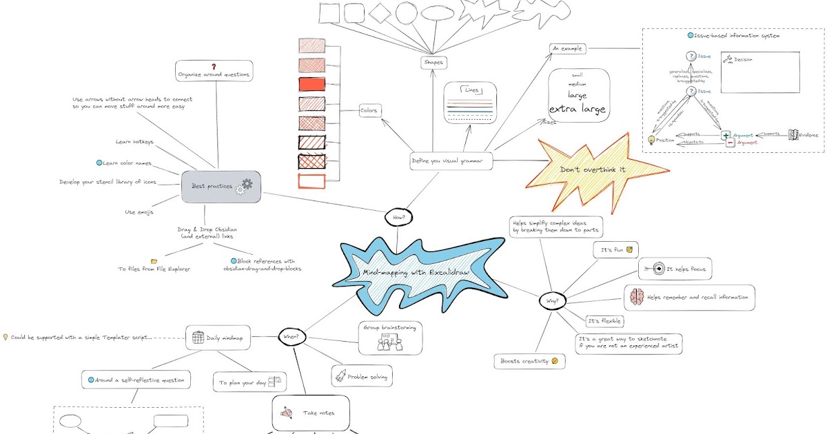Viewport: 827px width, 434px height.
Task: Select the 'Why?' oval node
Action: pyautogui.click(x=551, y=301)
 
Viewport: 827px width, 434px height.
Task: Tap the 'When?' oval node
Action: pyautogui.click(x=292, y=337)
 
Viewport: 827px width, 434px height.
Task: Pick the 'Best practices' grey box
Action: pyautogui.click(x=221, y=187)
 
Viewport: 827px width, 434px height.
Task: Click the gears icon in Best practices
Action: pyautogui.click(x=244, y=186)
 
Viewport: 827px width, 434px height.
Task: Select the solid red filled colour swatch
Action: pyautogui.click(x=312, y=85)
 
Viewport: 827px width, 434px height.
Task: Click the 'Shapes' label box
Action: pyautogui.click(x=433, y=63)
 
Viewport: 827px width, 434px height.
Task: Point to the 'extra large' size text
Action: pyautogui.click(x=578, y=110)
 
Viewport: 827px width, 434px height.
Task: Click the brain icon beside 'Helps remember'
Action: pyautogui.click(x=635, y=298)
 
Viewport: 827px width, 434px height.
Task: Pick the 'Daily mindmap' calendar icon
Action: pyautogui.click(x=198, y=338)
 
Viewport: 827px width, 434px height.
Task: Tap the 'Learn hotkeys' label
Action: pyautogui.click(x=134, y=142)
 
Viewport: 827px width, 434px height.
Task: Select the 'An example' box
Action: pyautogui.click(x=566, y=48)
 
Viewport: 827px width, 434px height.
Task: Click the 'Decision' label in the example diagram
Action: pyautogui.click(x=743, y=60)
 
